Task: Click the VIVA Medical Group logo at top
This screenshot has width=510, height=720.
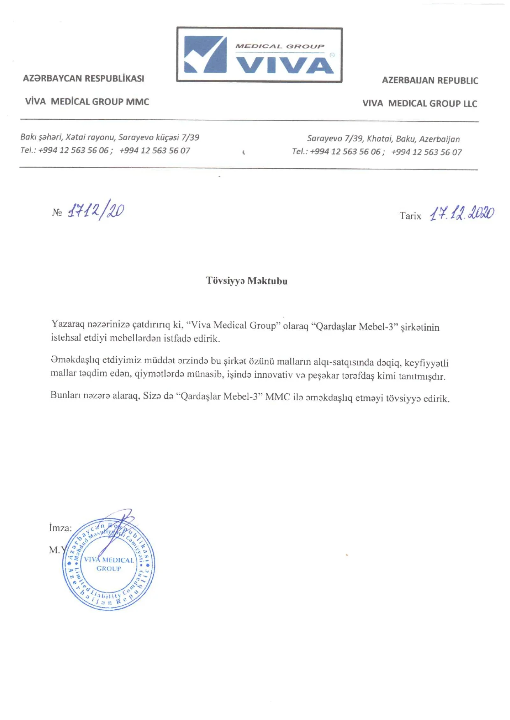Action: click(259, 55)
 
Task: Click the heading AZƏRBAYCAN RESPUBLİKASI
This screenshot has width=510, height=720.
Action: click(83, 79)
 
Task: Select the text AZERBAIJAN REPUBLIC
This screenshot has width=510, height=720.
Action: click(430, 80)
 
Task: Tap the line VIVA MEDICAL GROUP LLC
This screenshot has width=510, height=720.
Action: click(420, 103)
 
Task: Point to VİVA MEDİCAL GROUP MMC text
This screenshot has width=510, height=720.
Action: click(87, 102)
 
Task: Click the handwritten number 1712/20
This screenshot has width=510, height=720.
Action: click(96, 211)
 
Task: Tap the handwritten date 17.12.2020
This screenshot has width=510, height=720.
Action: click(461, 214)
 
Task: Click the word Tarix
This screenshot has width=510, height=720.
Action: click(410, 216)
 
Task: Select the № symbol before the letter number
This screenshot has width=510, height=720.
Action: click(57, 212)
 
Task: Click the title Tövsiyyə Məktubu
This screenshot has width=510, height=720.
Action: click(247, 281)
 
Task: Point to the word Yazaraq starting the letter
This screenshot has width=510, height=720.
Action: click(68, 324)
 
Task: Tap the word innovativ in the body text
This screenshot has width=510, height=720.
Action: click(273, 375)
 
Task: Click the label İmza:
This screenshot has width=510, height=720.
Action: click(60, 528)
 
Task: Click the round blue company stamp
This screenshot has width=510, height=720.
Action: click(109, 564)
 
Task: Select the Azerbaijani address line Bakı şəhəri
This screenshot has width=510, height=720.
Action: click(110, 137)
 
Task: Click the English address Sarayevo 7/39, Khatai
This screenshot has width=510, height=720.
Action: click(383, 139)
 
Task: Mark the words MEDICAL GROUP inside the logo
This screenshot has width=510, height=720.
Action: click(280, 46)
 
